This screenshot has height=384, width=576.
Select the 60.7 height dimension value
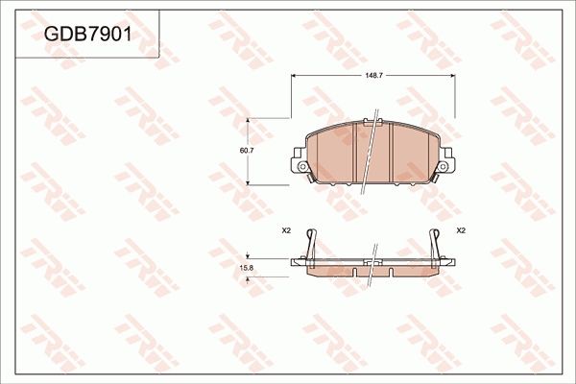click(247, 151)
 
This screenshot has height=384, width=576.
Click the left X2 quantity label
click(286, 230)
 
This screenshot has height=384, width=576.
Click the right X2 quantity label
click(460, 230)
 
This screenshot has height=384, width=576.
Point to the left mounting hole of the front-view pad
click(302, 167)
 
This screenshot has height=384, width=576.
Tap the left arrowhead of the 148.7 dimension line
click(292, 77)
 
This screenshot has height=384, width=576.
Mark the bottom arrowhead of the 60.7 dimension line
click(251, 181)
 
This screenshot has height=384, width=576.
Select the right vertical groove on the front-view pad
click(392, 154)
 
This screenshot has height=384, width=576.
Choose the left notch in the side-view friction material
click(354, 274)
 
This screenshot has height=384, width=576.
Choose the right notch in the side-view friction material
click(391, 274)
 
